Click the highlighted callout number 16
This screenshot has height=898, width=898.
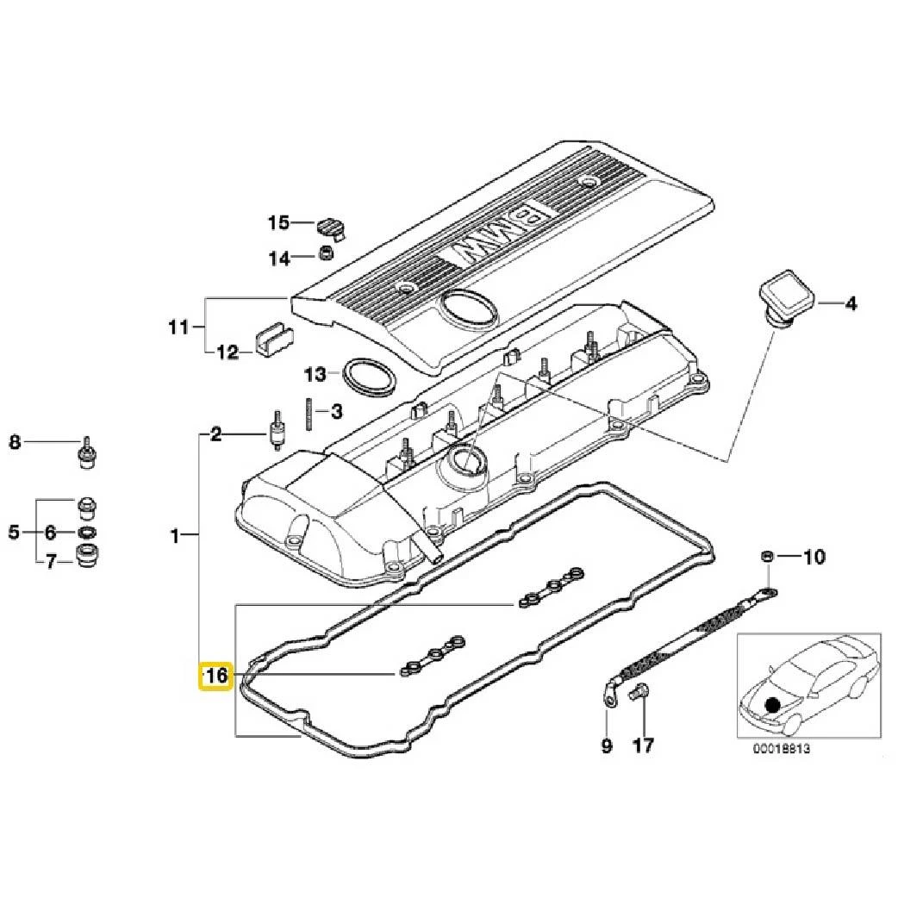(x=215, y=676)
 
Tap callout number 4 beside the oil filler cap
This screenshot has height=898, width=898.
(x=851, y=303)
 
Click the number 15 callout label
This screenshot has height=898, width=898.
(x=278, y=224)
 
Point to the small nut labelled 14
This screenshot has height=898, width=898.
(x=327, y=253)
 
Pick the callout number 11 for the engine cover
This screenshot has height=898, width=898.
(x=178, y=327)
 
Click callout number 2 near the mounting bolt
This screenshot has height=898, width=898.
(x=216, y=434)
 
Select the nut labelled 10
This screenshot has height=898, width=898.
(x=766, y=557)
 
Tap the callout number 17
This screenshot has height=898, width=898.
(x=644, y=745)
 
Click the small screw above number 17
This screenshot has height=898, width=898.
(x=639, y=692)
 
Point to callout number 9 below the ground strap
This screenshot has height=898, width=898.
(x=607, y=745)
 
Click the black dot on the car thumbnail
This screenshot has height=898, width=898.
(x=772, y=704)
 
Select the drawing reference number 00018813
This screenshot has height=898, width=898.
(x=782, y=749)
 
